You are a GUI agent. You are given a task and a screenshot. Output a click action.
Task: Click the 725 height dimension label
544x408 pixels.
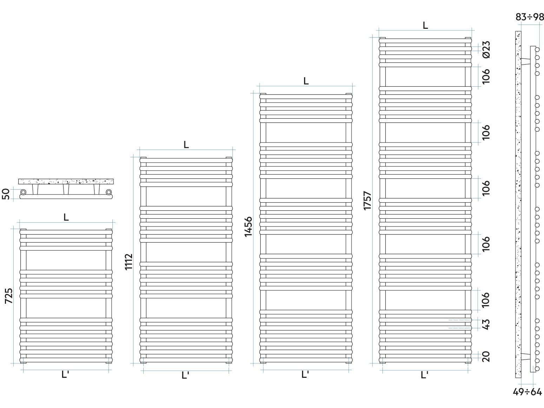9,296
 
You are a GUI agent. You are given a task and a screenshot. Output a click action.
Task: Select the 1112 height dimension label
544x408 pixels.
129,262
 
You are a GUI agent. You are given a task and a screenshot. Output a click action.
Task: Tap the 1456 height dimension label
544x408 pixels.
248,227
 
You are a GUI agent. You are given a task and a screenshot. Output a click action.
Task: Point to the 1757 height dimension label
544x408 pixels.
368,200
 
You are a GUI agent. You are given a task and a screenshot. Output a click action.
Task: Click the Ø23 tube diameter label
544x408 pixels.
486,49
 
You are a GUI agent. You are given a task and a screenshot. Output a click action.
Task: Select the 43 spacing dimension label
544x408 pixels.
486,324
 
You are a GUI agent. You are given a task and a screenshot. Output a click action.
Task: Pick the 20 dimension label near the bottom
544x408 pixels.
486,356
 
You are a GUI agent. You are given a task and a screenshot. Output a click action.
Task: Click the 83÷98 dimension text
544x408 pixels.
530,17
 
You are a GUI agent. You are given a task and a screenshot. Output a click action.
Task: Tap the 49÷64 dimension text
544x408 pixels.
527,391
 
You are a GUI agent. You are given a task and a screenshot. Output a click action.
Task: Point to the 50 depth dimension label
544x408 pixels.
6,194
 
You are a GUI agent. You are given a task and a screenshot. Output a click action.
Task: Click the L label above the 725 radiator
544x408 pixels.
66,217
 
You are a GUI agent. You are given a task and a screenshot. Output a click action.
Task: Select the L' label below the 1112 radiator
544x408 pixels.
185,375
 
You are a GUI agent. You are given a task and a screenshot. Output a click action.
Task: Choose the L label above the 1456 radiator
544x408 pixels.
306,81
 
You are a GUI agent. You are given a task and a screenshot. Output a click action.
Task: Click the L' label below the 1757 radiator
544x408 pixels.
424,375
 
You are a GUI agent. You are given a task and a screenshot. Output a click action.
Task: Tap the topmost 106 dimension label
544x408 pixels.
486,76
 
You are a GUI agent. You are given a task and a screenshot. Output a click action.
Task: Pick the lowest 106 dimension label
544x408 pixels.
486,300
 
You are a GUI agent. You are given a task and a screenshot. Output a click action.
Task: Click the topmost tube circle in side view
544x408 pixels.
537,50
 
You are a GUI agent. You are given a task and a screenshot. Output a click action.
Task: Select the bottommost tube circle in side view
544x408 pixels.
537,369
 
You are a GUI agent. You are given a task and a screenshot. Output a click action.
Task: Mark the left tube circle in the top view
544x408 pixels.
24,192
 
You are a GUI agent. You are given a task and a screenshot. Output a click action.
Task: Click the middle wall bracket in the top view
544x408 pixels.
66,189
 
